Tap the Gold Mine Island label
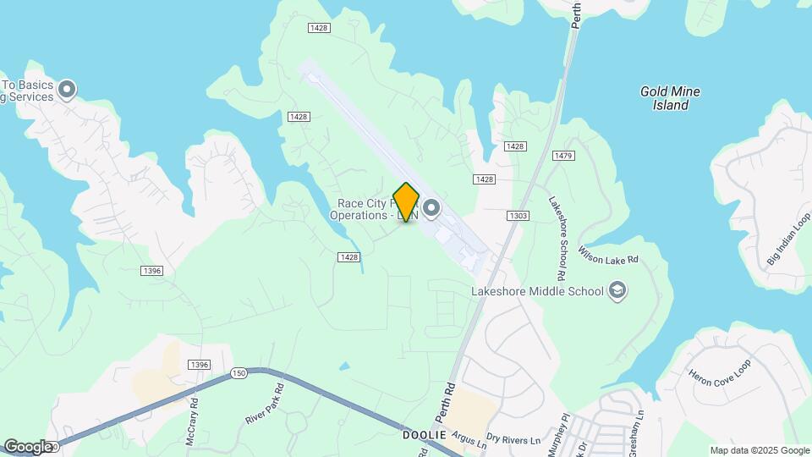tap(670, 98)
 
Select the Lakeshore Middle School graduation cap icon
tap(617, 291)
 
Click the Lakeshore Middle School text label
tap(537, 292)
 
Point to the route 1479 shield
tap(564, 156)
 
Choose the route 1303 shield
tap(518, 217)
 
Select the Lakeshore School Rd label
tap(557, 239)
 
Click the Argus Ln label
tap(469, 439)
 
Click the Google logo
tap(28, 446)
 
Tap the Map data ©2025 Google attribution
tap(759, 450)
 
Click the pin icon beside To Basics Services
tap(68, 89)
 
